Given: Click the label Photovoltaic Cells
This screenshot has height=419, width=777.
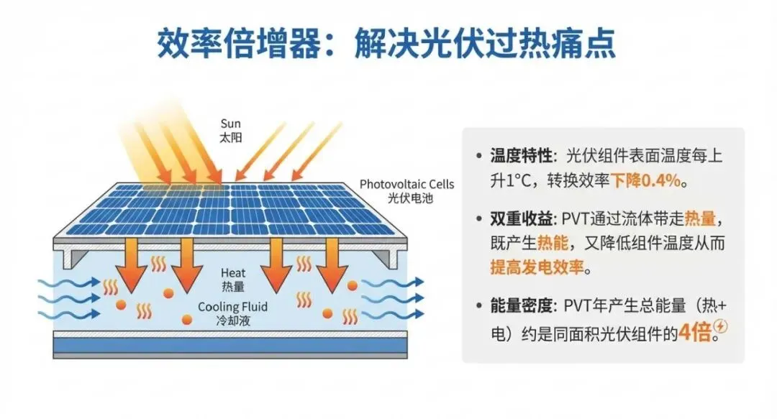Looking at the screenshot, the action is [407, 184].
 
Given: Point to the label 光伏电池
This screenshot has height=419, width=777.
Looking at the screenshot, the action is [407, 197].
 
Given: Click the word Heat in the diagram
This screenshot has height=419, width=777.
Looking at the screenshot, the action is [234, 273].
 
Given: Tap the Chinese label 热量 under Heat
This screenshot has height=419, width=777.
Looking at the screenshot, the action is [234, 286].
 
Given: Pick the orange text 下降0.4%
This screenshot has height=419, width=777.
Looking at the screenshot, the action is [645, 181].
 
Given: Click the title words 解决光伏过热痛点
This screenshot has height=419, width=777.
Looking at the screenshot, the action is [486, 44].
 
